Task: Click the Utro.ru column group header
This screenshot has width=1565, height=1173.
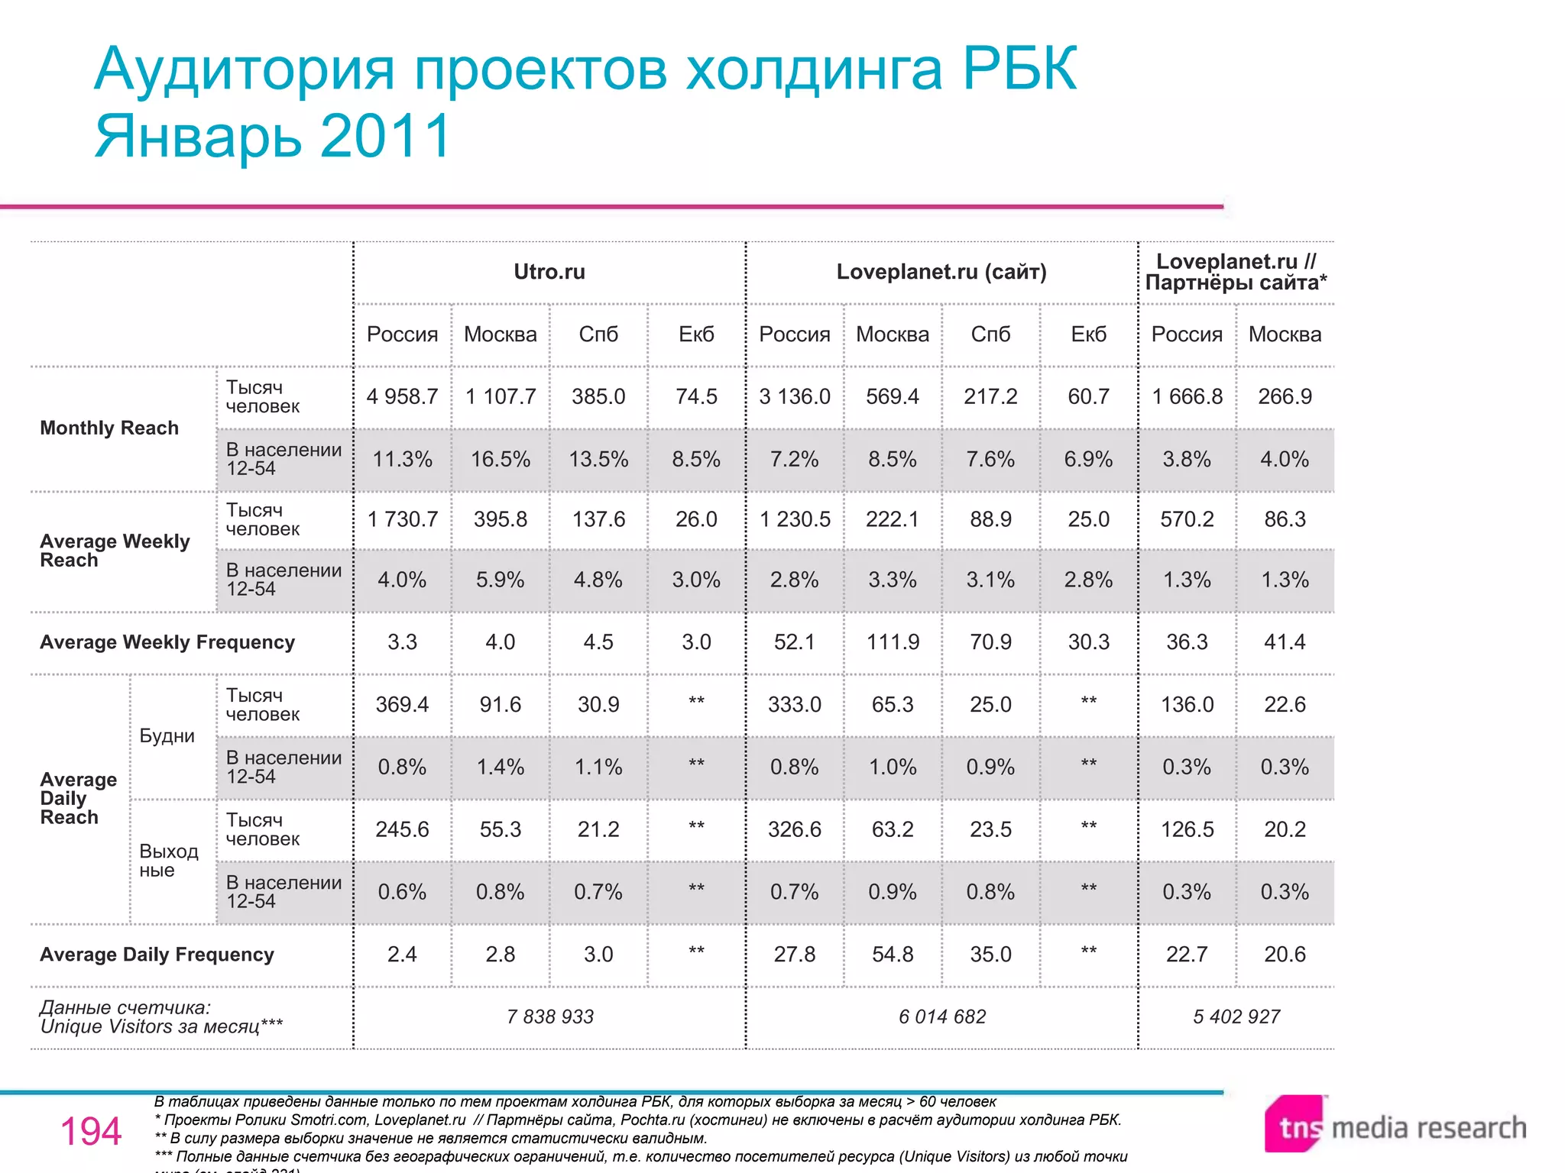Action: point(549,272)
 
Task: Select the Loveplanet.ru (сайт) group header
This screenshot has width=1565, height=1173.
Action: point(941,272)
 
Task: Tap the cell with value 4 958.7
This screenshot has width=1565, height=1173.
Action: point(402,396)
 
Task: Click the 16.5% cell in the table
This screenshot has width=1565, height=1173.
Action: point(501,459)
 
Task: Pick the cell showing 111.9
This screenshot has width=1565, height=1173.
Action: point(893,642)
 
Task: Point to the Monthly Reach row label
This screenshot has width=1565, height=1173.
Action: point(109,428)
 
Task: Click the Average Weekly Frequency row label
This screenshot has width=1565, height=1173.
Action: point(167,642)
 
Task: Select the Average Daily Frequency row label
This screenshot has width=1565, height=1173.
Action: point(157,955)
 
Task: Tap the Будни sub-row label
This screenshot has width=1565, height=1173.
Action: point(167,736)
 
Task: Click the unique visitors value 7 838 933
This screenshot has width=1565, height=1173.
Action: point(550,1016)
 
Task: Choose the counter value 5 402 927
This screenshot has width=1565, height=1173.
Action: point(1236,1016)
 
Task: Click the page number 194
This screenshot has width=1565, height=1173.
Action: point(91,1131)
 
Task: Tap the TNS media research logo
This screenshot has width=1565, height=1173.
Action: point(1395,1126)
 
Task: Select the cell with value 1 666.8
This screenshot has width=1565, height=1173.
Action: point(1187,396)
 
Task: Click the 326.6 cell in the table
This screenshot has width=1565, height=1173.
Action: point(795,829)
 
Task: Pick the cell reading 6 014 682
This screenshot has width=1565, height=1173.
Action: point(942,1016)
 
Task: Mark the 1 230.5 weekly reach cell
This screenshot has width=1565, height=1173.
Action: point(795,519)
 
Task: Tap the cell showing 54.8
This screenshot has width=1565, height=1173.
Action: point(893,955)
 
